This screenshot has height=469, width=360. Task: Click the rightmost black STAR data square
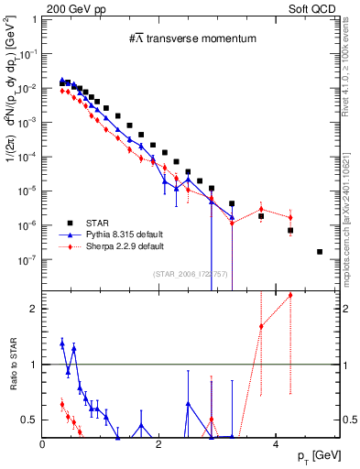click(x=319, y=251)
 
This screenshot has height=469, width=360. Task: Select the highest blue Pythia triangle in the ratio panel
click(x=61, y=344)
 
